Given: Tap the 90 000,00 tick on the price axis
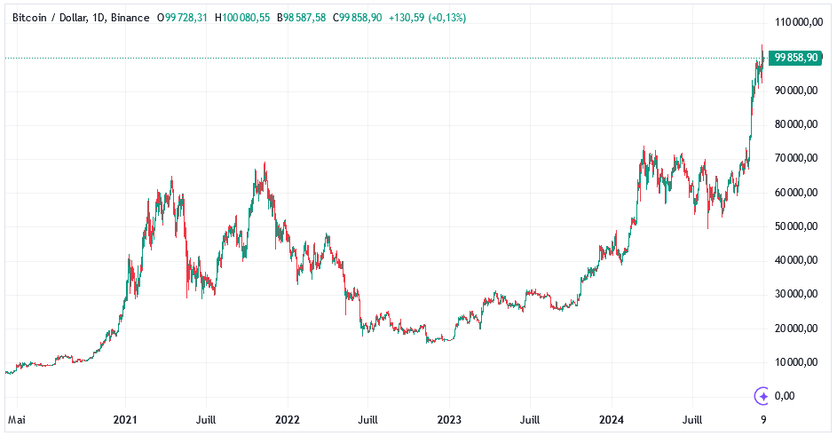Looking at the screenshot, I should pos(797,91).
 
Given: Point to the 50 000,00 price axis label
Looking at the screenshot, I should pos(797,226).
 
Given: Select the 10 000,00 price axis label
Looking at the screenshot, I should pos(797,362).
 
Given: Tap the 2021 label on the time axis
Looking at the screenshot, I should pos(125,419).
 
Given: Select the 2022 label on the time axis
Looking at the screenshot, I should pos(287,419).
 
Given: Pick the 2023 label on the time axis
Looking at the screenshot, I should pos(449,419).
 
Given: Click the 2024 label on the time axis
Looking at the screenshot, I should pos(611,419).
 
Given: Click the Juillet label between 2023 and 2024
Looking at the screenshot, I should pos(530,419).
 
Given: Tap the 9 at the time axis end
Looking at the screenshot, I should pos(763,419).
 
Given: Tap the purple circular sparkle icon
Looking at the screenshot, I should pos(762,396).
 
